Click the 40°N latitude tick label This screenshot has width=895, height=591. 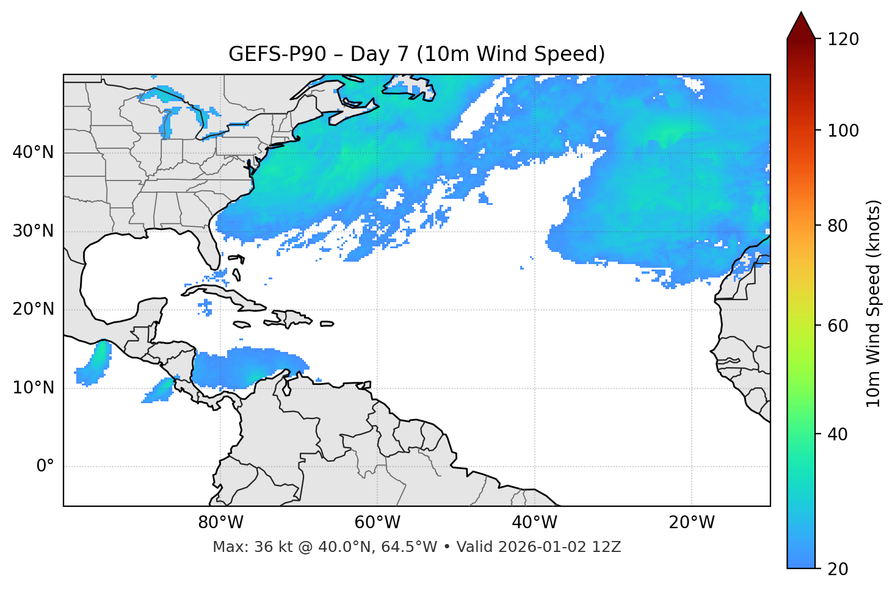coord(33,152)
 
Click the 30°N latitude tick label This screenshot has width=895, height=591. coord(33,231)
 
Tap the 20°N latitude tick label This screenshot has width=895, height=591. coord(33,309)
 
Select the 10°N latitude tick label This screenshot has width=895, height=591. coord(33,388)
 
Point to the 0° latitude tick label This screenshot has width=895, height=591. coord(45,467)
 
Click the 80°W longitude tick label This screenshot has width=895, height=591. coord(220,523)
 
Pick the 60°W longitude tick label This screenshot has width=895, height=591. coord(377,523)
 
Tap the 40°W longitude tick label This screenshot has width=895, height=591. coord(534,523)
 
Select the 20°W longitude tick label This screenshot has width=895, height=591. coord(691,523)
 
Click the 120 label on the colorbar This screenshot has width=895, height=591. coord(843,40)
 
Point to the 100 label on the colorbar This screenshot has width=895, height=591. coord(843,131)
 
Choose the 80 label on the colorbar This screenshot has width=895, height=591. coord(838,226)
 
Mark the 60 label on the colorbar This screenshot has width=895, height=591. coord(838,326)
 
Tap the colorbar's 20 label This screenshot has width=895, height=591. coord(838,569)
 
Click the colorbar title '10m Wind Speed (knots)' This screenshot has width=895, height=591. coord(874,303)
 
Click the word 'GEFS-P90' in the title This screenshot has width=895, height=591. coord(277,54)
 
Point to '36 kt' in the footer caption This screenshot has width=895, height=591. coord(269,547)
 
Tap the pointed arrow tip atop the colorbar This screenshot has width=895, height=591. coord(801,13)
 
